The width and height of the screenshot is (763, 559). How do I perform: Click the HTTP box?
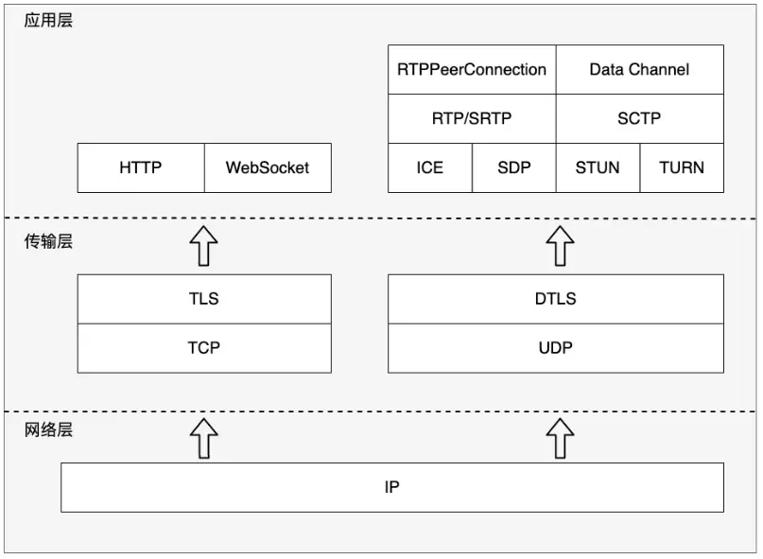[x=141, y=167]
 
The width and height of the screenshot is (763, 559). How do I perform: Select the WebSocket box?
[x=268, y=167]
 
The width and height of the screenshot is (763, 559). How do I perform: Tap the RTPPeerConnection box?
[x=472, y=69]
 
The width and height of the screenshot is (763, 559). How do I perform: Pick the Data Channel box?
[x=639, y=69]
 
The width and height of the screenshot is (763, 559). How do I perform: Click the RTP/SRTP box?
[x=472, y=118]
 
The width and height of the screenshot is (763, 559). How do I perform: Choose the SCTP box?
[x=639, y=118]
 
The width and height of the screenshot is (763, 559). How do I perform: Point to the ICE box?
[x=430, y=167]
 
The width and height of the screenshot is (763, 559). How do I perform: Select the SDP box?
[x=514, y=167]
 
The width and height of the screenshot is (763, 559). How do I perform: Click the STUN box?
[x=598, y=167]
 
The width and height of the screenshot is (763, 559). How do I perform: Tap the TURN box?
[x=682, y=167]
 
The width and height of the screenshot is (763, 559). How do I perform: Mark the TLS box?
[x=204, y=299]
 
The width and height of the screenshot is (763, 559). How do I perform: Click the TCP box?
[x=204, y=347]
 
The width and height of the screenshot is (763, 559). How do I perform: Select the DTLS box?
[x=556, y=299]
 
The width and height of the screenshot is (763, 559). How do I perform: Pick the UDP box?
[x=556, y=347]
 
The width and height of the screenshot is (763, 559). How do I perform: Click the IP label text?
[x=392, y=487]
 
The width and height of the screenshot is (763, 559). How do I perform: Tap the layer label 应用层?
[x=48, y=20]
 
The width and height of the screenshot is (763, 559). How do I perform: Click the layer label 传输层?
[x=48, y=241]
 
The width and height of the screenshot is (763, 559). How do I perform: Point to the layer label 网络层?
[x=48, y=430]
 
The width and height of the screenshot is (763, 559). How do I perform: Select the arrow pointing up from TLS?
[x=204, y=246]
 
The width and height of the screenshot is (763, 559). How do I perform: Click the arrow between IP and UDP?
[x=561, y=439]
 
